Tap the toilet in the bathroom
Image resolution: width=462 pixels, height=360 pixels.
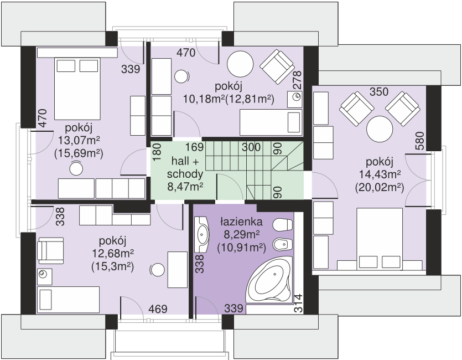pos(282,225)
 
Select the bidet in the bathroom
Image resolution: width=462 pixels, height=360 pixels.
pos(282,244)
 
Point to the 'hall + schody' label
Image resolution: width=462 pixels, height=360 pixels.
pos(185,168)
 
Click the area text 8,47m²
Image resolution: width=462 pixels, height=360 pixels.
pos(185,187)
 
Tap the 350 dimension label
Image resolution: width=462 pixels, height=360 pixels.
pos(379,92)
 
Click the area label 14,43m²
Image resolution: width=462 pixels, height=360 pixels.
pos(379,174)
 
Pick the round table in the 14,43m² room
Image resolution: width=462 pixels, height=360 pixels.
pos(380,129)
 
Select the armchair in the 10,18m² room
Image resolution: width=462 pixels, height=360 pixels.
pos(277,66)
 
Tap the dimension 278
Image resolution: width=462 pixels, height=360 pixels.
pos(298,80)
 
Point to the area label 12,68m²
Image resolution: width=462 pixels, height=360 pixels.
pos(113,253)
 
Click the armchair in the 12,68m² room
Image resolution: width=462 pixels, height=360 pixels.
pos(50,250)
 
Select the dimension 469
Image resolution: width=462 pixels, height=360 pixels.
pos(158,308)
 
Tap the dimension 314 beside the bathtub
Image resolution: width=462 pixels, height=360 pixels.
pos(298,303)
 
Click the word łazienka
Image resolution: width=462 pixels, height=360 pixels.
pos(241,222)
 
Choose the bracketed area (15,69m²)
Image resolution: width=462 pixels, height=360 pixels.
pos(79,153)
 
